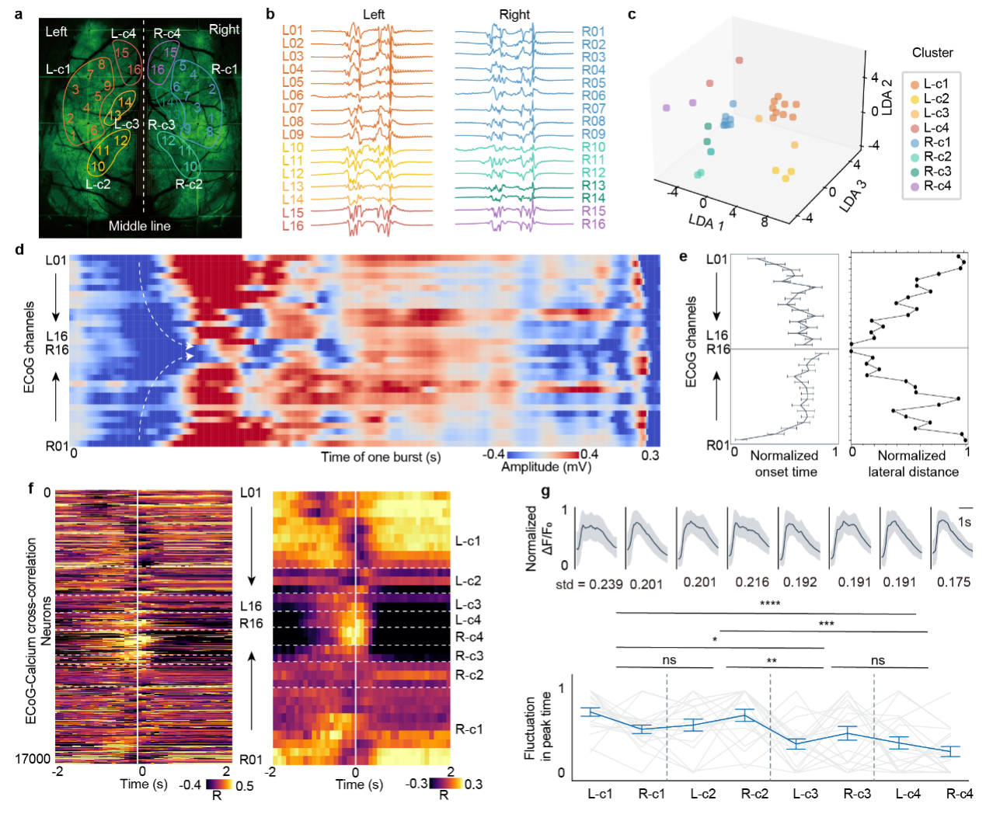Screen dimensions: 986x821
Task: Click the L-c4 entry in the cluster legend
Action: click(x=929, y=127)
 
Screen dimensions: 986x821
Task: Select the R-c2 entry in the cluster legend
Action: click(x=929, y=156)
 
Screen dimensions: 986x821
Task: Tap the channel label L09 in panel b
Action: click(x=293, y=134)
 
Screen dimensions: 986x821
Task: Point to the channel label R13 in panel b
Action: click(x=593, y=186)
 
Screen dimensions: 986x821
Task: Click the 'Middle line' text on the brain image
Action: click(x=139, y=226)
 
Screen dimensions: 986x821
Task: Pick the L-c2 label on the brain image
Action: click(x=98, y=183)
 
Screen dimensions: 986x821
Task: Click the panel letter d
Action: click(x=19, y=249)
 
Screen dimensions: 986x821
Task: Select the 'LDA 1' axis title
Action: click(x=706, y=222)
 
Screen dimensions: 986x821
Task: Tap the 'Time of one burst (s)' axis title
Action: click(x=381, y=457)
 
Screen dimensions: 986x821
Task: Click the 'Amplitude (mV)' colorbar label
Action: click(x=546, y=467)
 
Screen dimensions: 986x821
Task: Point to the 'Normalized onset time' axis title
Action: click(x=784, y=464)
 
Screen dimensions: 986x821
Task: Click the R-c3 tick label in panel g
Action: click(x=857, y=794)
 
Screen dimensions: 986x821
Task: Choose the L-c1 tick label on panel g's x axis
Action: click(x=600, y=794)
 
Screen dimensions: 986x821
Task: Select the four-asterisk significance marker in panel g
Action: click(x=770, y=604)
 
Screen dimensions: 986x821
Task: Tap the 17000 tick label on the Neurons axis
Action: click(x=33, y=759)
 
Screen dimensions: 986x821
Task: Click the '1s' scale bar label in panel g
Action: click(x=964, y=522)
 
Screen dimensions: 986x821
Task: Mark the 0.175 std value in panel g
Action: click(x=953, y=582)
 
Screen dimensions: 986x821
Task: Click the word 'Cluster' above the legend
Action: click(x=932, y=52)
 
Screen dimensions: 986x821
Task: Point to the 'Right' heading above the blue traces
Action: click(x=514, y=15)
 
